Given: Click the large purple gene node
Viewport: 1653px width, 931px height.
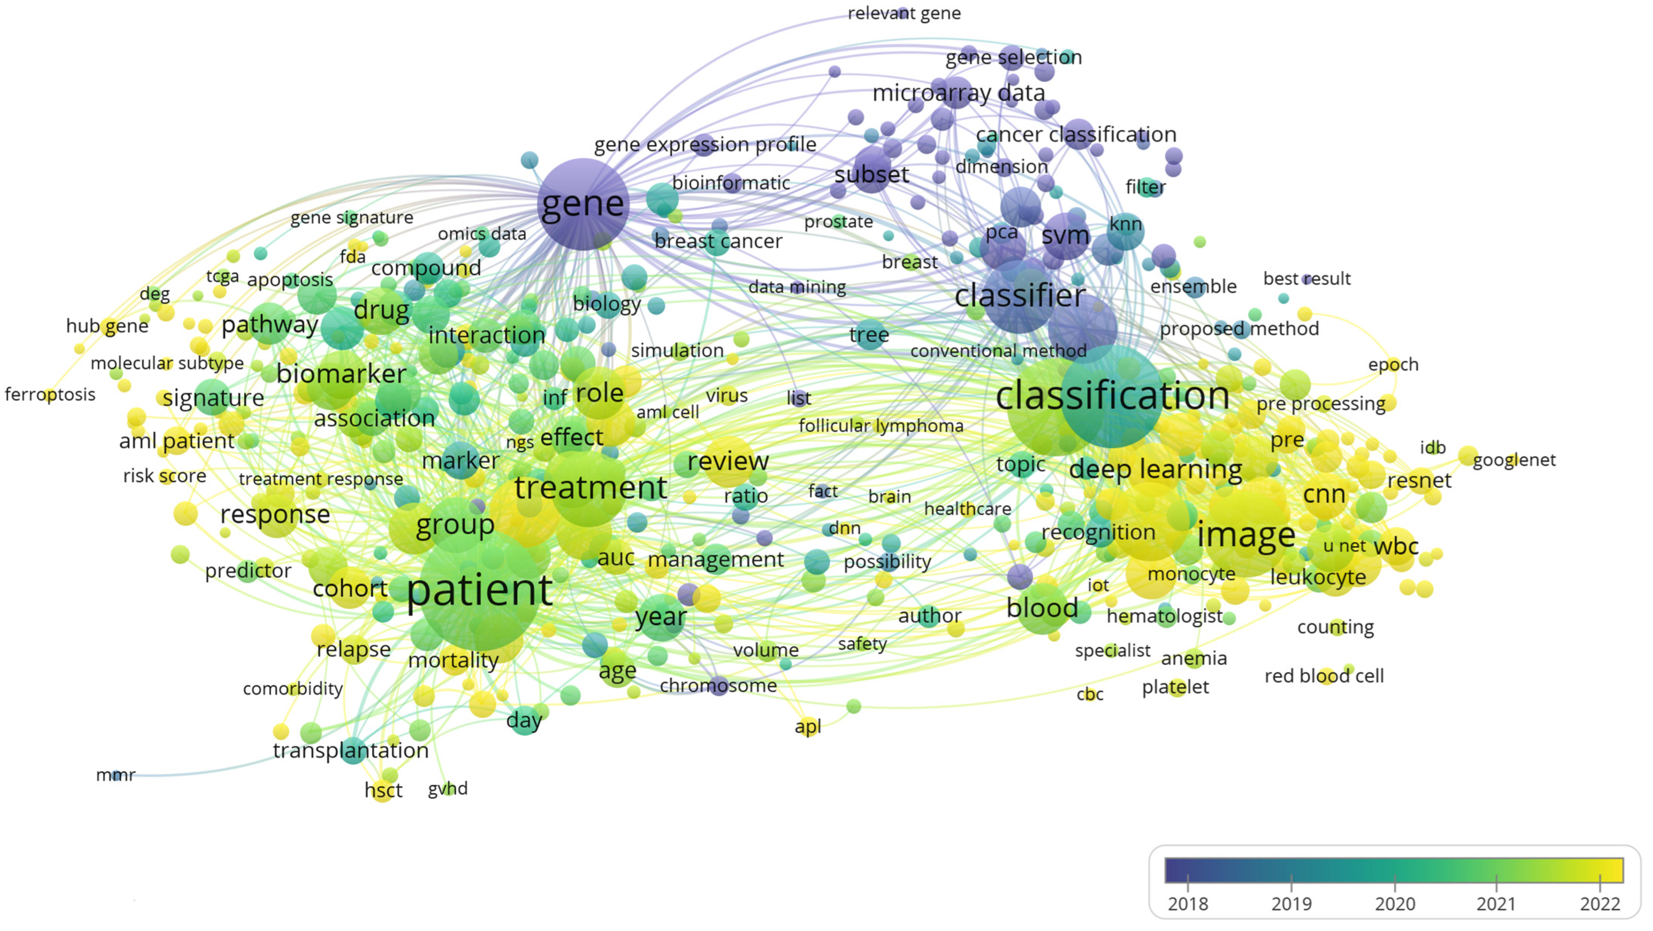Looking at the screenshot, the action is [x=582, y=204].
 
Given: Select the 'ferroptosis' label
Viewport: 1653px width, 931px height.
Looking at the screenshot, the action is [x=50, y=394].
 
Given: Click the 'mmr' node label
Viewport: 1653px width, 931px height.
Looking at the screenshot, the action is [x=116, y=775].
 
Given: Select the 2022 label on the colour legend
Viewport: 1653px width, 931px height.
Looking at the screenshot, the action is [x=1600, y=904].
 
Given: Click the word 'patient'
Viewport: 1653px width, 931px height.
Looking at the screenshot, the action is [x=479, y=590].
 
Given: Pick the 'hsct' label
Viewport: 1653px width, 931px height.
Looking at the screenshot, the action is [x=383, y=790].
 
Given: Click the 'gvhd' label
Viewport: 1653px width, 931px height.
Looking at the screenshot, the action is [x=447, y=788].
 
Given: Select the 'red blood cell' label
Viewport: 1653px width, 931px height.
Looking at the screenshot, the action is [x=1324, y=676].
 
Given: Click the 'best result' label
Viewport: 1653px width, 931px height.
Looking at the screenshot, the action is [x=1307, y=279].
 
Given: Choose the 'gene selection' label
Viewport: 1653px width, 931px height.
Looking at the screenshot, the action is [x=1013, y=57].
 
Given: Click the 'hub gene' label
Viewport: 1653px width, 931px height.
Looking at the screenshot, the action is [x=107, y=326].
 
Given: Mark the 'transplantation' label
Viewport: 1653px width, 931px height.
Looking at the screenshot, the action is [x=351, y=750].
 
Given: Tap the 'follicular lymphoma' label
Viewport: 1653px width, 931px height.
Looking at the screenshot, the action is [x=881, y=426].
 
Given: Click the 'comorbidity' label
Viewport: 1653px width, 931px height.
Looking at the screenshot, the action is [x=293, y=689].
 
